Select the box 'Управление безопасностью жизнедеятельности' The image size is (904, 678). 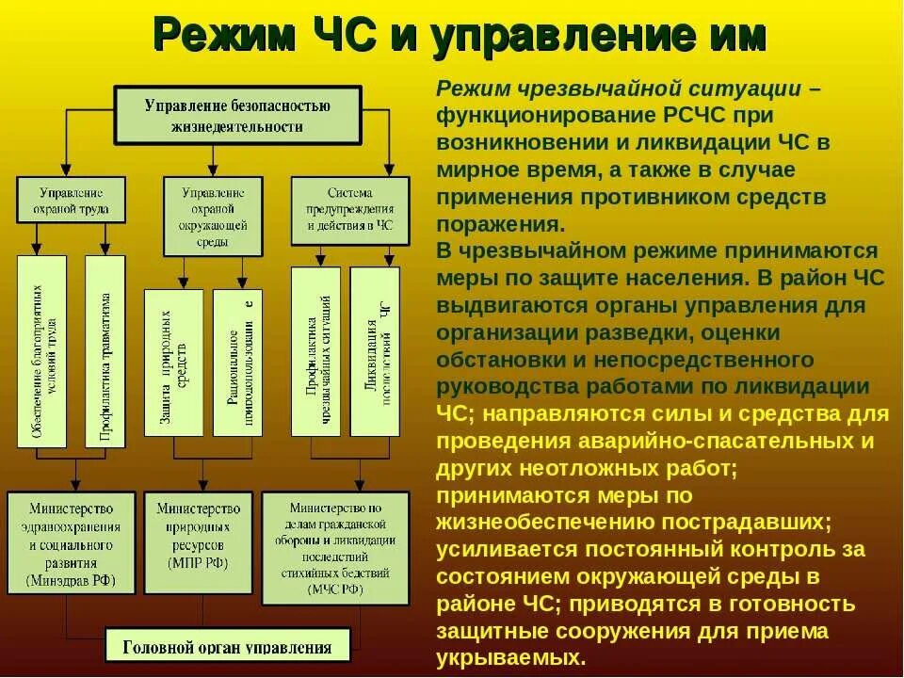coord(237,115)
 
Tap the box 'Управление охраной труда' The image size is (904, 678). coord(71,198)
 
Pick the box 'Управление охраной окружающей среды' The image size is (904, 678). coord(213,215)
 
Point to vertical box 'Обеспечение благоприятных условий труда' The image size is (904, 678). coord(42,350)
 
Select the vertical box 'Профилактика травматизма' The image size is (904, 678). coord(105,350)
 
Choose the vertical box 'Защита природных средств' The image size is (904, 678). coord(173,363)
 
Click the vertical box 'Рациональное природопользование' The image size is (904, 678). coord(237,363)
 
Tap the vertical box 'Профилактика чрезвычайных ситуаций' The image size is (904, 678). coord(315,351)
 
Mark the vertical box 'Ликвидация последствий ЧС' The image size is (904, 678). coord(375,351)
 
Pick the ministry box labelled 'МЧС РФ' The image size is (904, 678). coord(335,547)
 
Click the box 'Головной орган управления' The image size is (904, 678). coord(228,647)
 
